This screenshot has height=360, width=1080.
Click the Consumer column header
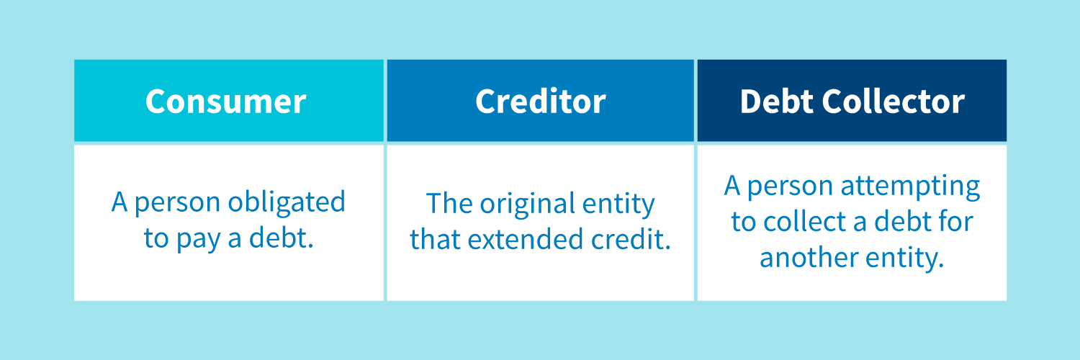(x=225, y=102)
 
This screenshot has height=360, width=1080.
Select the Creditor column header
(x=541, y=102)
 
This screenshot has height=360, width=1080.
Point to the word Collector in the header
(x=894, y=102)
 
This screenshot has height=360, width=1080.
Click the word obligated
(x=287, y=202)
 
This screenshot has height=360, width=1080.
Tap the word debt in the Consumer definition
(x=281, y=238)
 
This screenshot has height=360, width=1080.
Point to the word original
(x=527, y=204)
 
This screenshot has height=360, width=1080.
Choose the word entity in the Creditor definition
(x=618, y=204)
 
